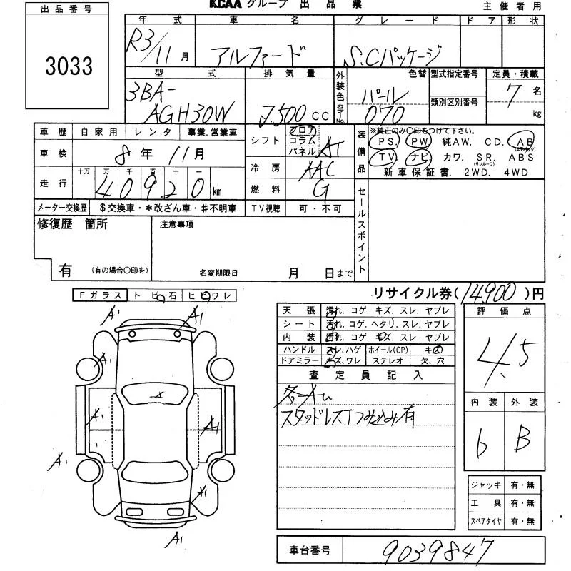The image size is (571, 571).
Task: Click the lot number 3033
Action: (x=69, y=66)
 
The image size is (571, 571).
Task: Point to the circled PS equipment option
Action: (x=390, y=142)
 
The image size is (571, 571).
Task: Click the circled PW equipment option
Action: (x=418, y=142)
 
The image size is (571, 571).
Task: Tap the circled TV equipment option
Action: (x=387, y=157)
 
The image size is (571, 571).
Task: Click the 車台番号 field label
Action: (x=310, y=550)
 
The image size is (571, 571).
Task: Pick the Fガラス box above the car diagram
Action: (x=99, y=295)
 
